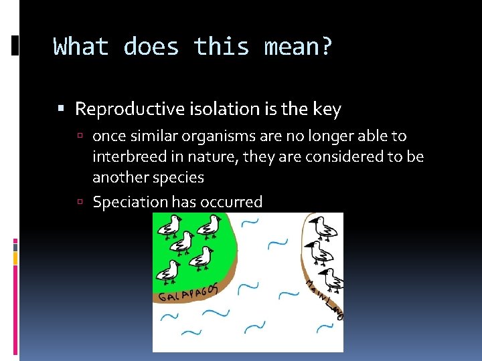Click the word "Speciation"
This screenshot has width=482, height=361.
pyautogui.click(x=130, y=201)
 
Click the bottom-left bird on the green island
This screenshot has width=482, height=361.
pyautogui.click(x=167, y=271)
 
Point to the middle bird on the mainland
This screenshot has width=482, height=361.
pyautogui.click(x=320, y=253)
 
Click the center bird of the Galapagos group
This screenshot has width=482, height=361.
pyautogui.click(x=183, y=241)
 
